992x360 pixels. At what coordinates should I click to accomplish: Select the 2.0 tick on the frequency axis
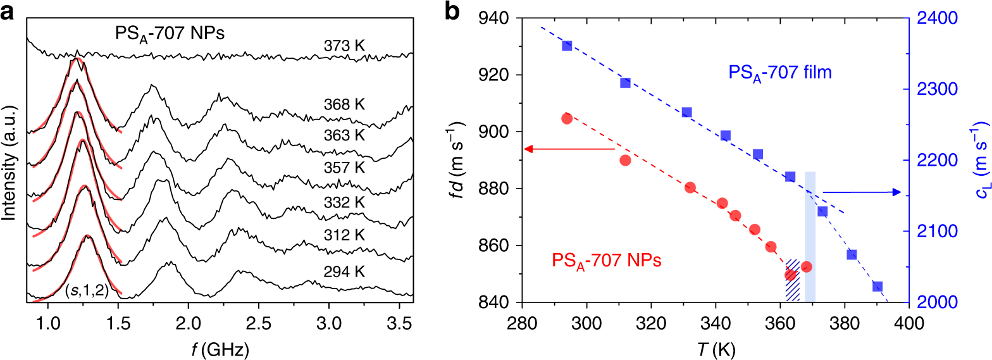[x=188, y=326]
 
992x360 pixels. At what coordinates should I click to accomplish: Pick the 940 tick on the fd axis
[x=497, y=19]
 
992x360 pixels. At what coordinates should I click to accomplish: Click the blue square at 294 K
[x=567, y=46]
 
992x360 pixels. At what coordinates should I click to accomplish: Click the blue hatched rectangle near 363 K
[x=792, y=281]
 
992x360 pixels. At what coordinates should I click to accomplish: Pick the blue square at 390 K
[x=877, y=286]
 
